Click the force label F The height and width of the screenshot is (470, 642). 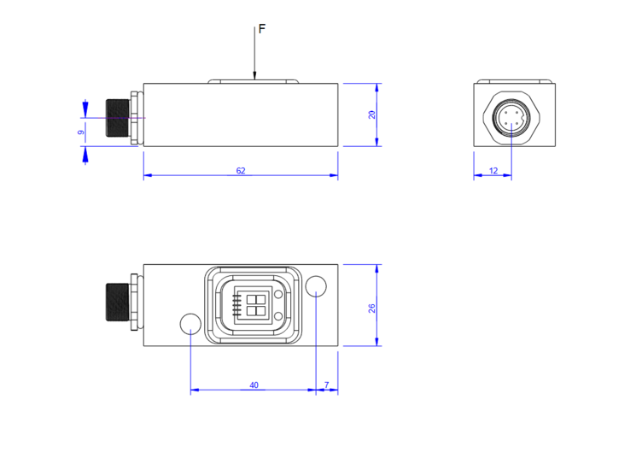(x=262, y=29)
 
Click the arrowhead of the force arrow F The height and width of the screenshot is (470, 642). (x=254, y=78)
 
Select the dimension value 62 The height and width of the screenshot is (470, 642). (x=241, y=171)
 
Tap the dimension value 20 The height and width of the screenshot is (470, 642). (x=372, y=115)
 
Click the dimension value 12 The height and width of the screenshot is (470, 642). (x=493, y=171)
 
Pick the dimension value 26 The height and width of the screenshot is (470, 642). (x=372, y=308)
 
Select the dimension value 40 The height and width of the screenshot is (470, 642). (x=254, y=385)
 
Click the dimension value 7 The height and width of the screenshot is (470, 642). (x=326, y=385)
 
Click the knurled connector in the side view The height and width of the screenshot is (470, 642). (x=116, y=118)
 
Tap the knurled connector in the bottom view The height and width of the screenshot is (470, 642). (x=116, y=302)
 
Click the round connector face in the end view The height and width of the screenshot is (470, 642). (x=511, y=118)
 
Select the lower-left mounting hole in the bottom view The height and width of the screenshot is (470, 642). (x=190, y=323)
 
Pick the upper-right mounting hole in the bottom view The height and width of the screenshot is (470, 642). (x=316, y=285)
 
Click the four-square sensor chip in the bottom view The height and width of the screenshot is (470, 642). (x=254, y=304)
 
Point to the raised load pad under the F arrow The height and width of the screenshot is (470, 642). (x=254, y=82)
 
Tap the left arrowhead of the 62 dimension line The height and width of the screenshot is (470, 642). (x=147, y=176)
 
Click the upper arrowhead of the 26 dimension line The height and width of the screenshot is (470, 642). (x=377, y=267)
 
